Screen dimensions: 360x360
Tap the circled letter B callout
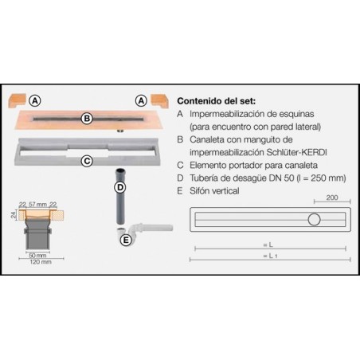87,119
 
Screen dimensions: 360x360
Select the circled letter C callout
87,160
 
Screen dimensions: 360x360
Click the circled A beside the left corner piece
34,101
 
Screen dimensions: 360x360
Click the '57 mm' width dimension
38,204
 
